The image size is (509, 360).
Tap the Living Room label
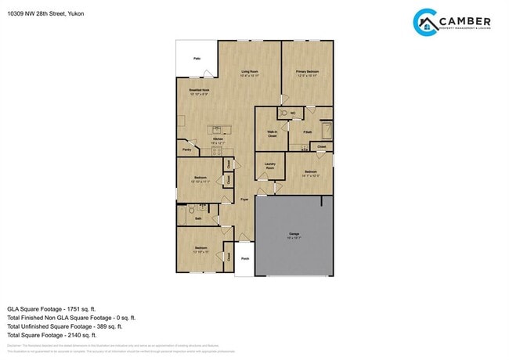249,73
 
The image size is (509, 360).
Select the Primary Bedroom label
307,73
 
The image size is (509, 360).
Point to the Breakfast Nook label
199,92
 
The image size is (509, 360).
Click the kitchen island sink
215,129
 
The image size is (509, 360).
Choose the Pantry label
186,149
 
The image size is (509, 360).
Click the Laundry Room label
270,167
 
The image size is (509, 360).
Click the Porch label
244,258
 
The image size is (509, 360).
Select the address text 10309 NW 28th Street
35,13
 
